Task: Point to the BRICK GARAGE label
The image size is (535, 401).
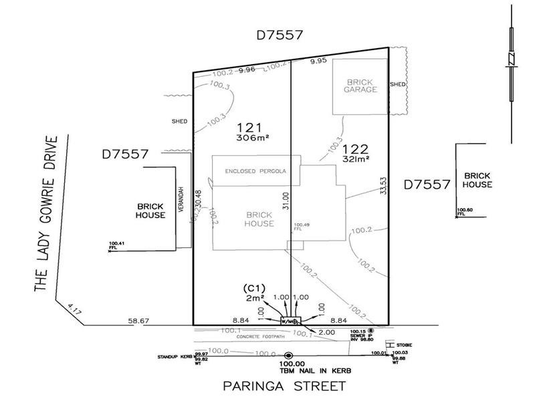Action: tap(361, 86)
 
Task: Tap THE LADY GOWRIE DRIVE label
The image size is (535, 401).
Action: tap(46, 214)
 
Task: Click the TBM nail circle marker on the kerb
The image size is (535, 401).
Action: tap(288, 356)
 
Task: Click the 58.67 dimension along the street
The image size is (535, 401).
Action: tap(139, 321)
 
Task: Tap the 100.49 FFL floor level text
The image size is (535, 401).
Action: tap(303, 227)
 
